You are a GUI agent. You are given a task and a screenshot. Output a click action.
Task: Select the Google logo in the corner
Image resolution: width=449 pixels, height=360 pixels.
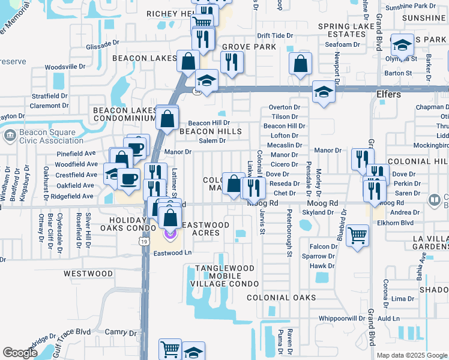[20, 353]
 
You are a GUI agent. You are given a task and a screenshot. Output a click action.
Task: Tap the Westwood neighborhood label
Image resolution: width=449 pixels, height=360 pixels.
[88, 274]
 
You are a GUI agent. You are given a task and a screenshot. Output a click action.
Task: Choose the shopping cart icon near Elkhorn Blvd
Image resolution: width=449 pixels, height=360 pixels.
[358, 235]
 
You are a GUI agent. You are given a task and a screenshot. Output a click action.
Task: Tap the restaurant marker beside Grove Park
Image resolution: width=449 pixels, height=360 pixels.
[229, 61]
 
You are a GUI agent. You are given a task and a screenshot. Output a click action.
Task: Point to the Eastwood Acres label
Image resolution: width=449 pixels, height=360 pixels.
[205, 229]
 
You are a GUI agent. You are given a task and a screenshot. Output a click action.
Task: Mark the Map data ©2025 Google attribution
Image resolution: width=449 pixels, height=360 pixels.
[411, 355]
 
